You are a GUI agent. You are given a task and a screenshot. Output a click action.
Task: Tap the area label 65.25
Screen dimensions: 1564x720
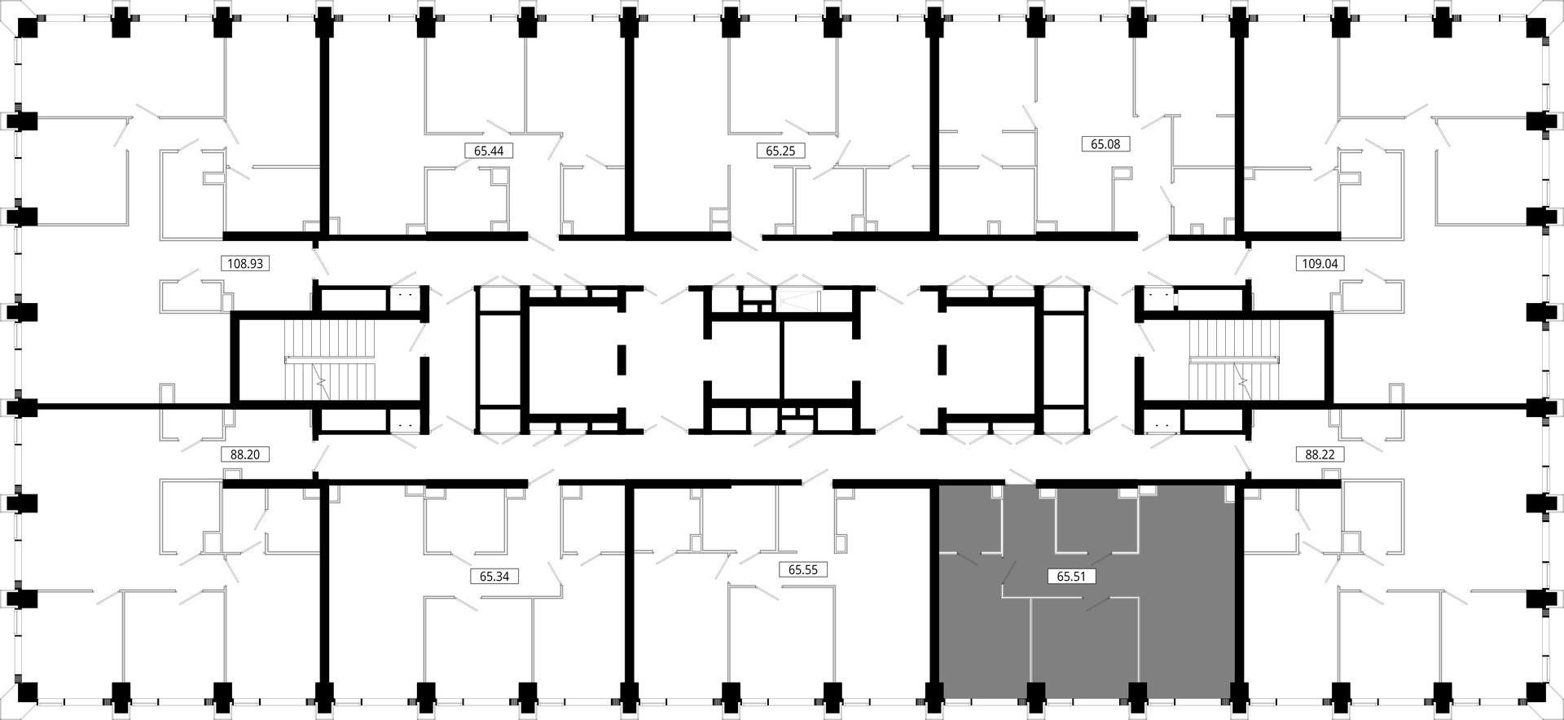coord(780,151)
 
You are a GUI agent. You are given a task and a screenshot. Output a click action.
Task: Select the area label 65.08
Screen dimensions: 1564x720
coord(1105,144)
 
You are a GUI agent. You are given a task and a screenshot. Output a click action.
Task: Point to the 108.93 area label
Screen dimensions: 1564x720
coord(245,264)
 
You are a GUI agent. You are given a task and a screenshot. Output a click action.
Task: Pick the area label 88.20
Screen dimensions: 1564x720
coord(244,454)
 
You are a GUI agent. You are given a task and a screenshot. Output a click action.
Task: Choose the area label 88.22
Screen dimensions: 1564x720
coord(1320,454)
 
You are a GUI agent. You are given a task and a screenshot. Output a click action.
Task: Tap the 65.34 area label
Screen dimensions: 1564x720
coord(494,577)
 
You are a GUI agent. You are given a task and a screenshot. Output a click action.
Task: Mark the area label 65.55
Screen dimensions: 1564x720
coord(802,570)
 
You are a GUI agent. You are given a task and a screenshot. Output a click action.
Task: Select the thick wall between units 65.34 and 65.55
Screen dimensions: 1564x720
coord(629,586)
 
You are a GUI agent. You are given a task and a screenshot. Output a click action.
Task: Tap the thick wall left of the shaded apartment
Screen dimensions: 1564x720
coord(935,586)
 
